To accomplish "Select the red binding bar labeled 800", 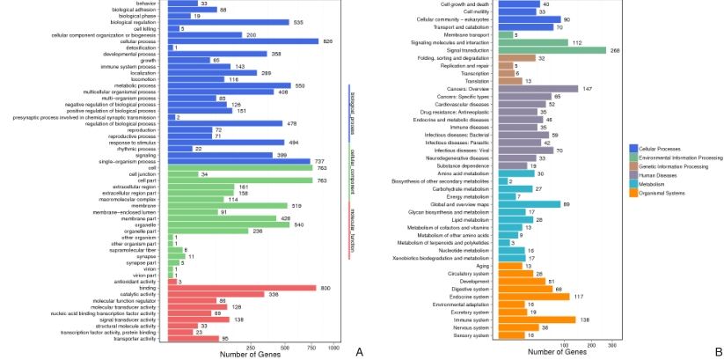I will tap(241, 287).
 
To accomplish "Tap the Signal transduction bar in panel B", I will tap(551, 50).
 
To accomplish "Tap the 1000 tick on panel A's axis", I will tap(333, 348).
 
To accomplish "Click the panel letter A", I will tap(358, 351).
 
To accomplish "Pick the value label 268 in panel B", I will tap(615, 50).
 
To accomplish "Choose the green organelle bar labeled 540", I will tap(229, 224).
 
